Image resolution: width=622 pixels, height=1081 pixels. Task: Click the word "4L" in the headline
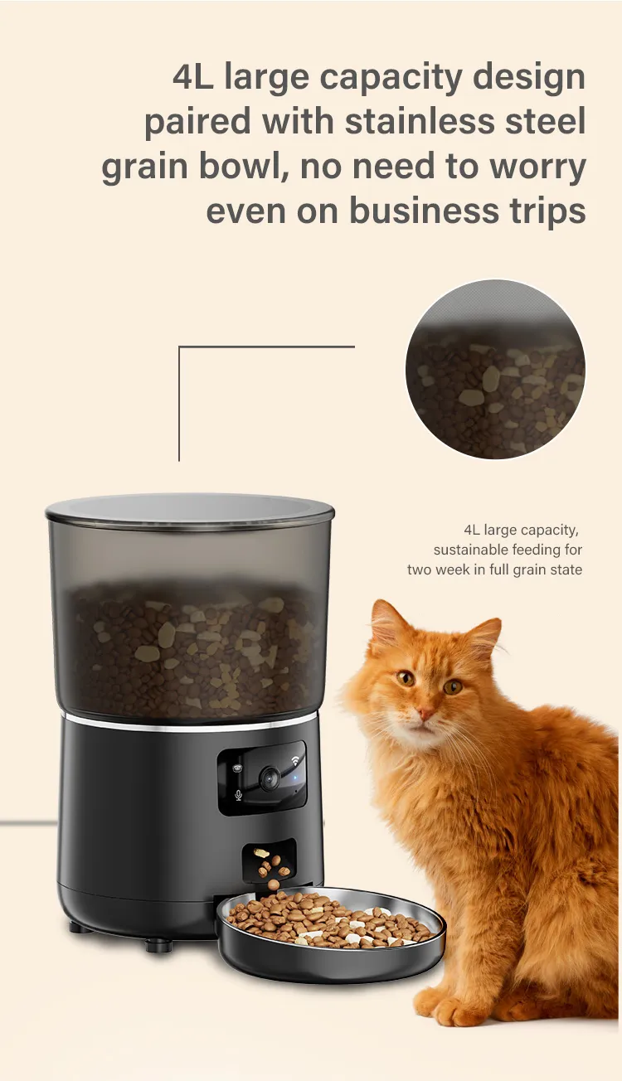(x=192, y=77)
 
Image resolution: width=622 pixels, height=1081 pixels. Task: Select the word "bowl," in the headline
(x=243, y=166)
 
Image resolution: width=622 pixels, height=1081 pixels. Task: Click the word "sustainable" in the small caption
(x=470, y=550)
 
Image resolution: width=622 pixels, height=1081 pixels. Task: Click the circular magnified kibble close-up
(x=495, y=369)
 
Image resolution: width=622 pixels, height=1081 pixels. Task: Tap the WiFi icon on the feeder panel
(x=294, y=761)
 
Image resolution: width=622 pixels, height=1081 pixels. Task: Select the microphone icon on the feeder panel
(x=237, y=795)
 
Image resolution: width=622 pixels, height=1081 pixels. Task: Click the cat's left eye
(x=453, y=686)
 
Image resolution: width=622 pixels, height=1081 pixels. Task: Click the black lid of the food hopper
(x=190, y=511)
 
